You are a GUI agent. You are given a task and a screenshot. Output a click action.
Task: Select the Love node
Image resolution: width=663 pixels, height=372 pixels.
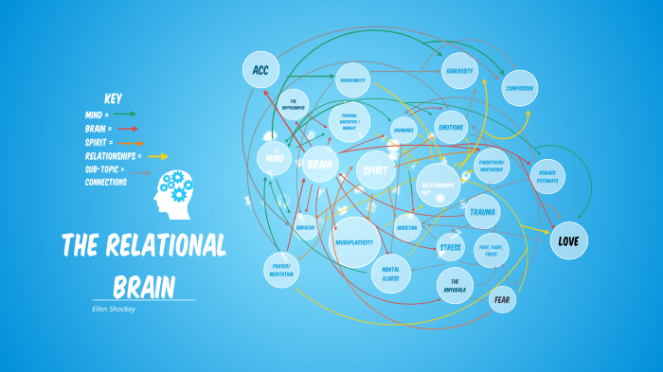point(568,240)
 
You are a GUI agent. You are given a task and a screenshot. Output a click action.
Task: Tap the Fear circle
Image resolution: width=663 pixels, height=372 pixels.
point(503,300)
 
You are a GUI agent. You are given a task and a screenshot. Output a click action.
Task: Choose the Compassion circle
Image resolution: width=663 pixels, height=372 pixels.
point(519,88)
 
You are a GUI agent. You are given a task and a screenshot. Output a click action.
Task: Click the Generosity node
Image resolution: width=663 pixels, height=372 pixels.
point(460,71)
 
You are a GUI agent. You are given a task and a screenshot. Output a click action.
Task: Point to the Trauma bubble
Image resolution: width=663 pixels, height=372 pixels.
point(482,212)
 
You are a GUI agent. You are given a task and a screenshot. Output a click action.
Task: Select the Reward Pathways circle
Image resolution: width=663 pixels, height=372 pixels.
point(547,176)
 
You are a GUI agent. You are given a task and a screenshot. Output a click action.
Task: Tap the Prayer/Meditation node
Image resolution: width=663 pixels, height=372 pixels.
point(281,269)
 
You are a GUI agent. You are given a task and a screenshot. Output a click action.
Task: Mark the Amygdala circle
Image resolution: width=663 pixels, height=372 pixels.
point(455,285)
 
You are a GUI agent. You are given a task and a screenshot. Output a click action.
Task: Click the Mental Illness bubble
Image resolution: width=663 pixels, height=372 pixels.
point(390,274)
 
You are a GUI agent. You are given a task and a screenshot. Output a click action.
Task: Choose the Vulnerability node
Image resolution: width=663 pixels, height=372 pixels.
point(352,80)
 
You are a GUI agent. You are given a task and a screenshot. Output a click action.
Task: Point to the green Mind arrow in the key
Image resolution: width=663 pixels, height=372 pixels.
point(125,114)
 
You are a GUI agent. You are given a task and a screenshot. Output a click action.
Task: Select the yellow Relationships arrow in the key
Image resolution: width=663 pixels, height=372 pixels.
point(158,156)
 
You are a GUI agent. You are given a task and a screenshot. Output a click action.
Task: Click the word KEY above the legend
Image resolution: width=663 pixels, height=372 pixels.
point(113,98)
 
